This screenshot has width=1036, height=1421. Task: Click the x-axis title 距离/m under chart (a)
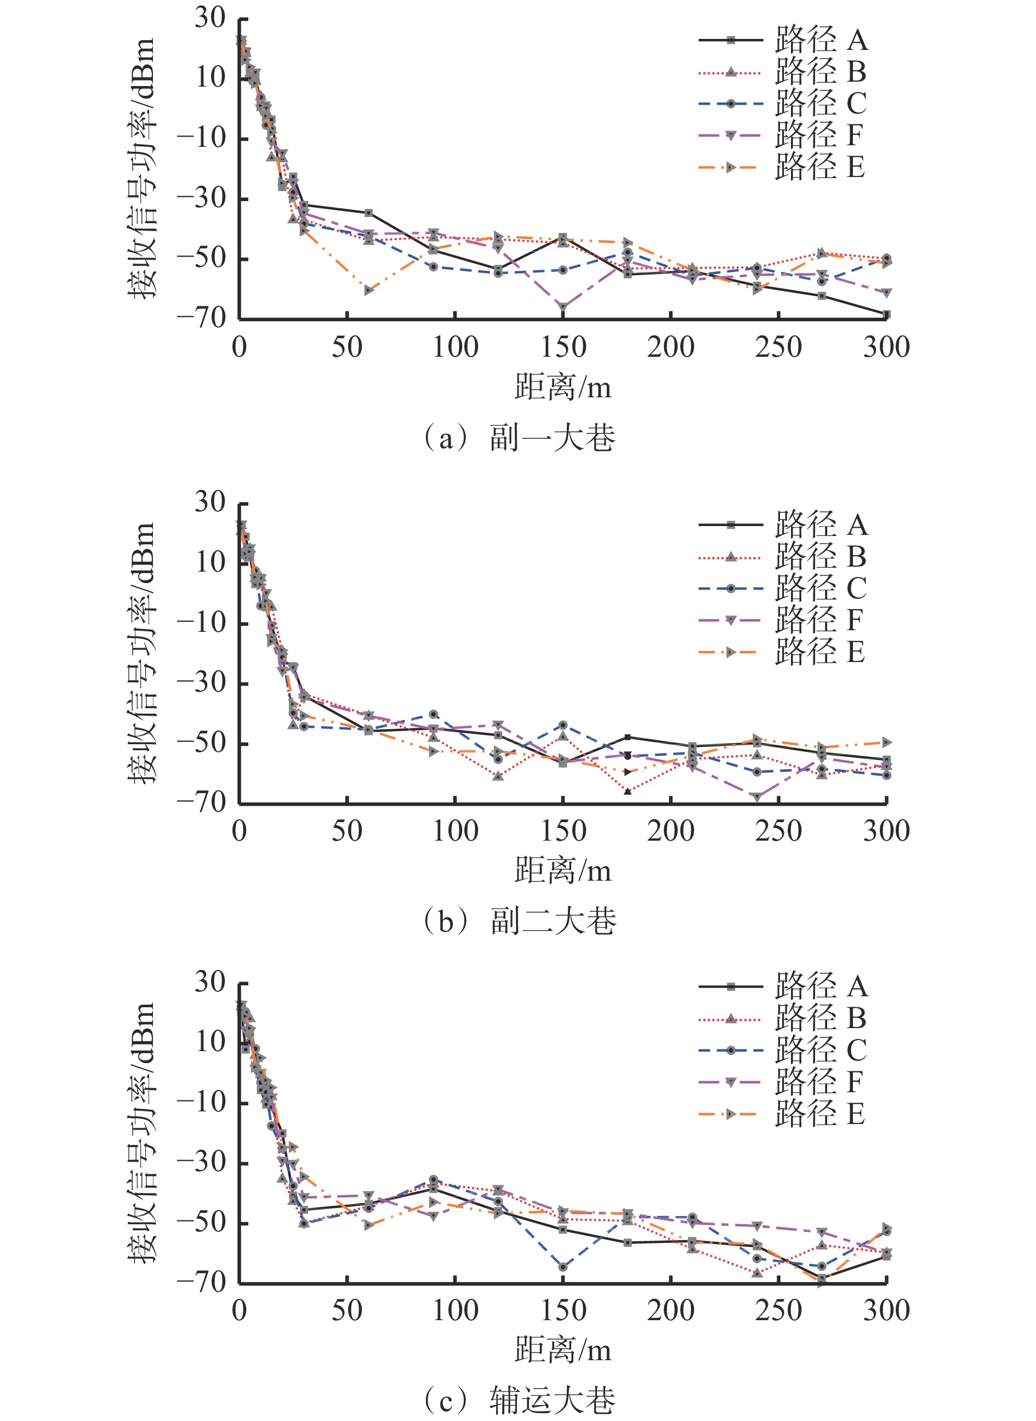(562, 387)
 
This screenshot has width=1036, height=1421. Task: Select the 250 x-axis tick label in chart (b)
(778, 831)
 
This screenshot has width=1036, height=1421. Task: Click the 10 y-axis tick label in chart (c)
(210, 1042)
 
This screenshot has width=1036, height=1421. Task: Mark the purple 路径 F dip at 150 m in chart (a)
(563, 307)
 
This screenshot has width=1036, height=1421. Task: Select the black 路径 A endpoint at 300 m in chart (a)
(886, 314)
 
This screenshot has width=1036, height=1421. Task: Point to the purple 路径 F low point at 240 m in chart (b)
(757, 797)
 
